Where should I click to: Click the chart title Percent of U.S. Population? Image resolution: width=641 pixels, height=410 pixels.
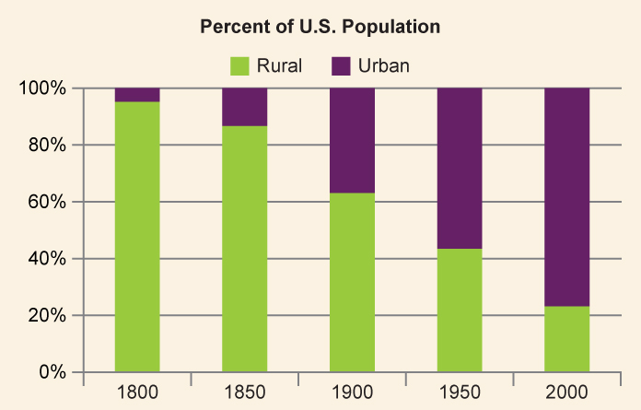pyautogui.click(x=320, y=27)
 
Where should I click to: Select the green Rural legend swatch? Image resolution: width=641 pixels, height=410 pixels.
pyautogui.click(x=239, y=65)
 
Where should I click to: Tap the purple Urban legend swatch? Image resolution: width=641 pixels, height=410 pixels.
pyautogui.click(x=342, y=65)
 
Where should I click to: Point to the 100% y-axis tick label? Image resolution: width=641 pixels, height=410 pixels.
pyautogui.click(x=43, y=88)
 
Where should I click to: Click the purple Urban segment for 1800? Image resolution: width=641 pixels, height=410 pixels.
pyautogui.click(x=137, y=95)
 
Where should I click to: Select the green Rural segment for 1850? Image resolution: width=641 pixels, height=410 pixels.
pyautogui.click(x=245, y=249)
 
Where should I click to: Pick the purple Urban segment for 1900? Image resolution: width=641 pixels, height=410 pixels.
pyautogui.click(x=352, y=140)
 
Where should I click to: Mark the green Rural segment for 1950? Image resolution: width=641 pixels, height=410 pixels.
pyautogui.click(x=460, y=310)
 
